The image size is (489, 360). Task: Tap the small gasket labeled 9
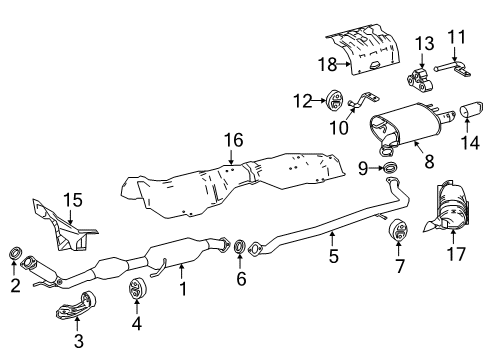[x=390, y=167]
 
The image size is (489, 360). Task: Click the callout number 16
[x=233, y=141]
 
